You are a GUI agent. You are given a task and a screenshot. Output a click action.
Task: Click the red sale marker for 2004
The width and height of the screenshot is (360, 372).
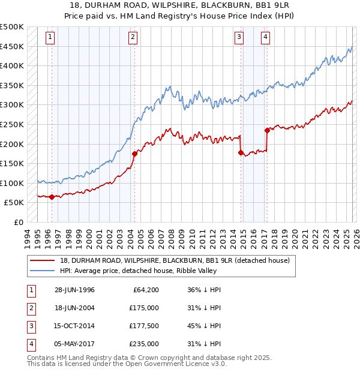pyautogui.click(x=134, y=154)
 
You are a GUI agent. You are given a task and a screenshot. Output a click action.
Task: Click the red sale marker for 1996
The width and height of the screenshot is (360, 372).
pyautogui.click(x=52, y=197)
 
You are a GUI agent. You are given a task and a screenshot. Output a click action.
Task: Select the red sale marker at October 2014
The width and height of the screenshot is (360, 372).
pyautogui.click(x=241, y=153)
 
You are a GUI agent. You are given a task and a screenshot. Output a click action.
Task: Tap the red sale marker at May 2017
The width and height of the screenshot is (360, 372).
pyautogui.click(x=267, y=130)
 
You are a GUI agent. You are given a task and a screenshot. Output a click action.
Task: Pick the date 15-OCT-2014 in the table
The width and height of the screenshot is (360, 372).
pyautogui.click(x=74, y=326)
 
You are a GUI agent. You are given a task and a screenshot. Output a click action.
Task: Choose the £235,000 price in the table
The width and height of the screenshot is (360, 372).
pyautogui.click(x=144, y=344)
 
